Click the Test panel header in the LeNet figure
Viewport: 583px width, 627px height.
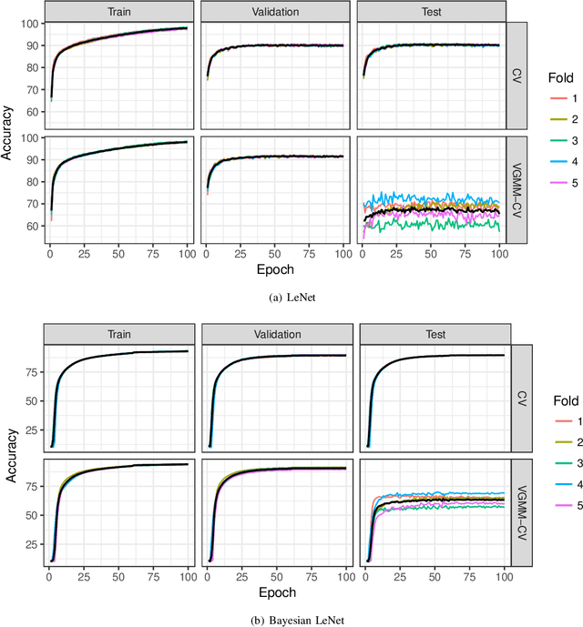point(430,12)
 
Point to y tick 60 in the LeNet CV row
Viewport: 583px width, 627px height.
point(33,112)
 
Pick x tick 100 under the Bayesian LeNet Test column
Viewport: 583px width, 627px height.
point(503,579)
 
